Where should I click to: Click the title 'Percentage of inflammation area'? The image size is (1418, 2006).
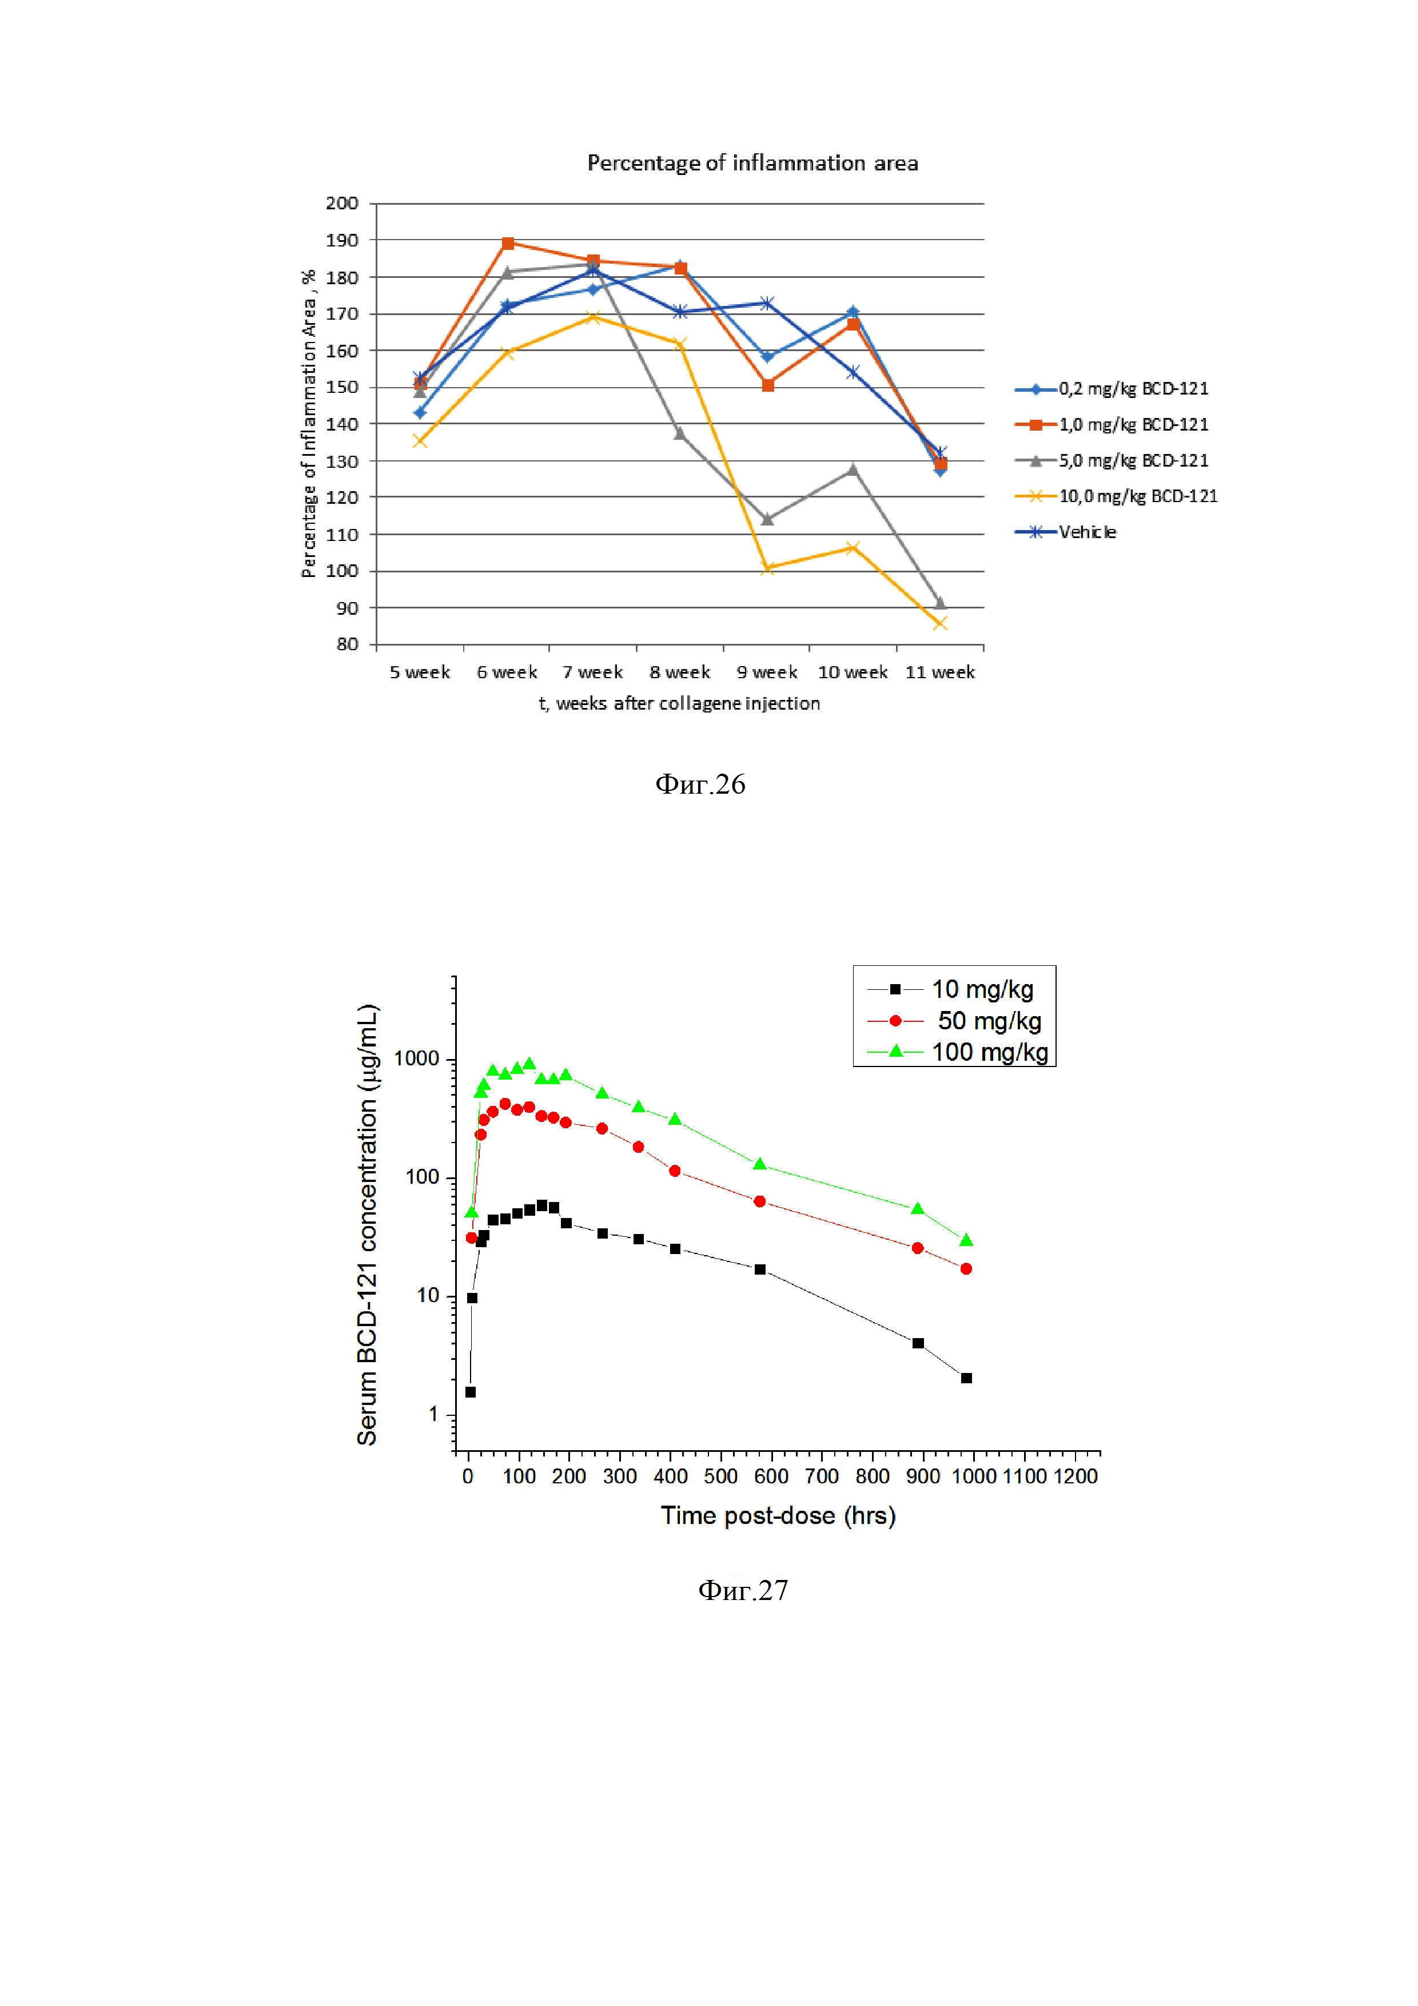(752, 164)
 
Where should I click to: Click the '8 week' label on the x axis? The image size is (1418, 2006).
(680, 672)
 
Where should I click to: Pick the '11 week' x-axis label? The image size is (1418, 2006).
(940, 672)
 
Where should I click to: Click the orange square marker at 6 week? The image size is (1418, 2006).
(508, 243)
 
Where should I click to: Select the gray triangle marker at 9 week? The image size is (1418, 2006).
(767, 520)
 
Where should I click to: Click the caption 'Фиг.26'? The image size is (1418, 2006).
(700, 784)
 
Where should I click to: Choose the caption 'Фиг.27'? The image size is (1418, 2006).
(743, 1589)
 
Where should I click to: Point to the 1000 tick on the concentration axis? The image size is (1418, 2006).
(417, 1059)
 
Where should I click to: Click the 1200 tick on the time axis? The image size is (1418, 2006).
(1074, 1476)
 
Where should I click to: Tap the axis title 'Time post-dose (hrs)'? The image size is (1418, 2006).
(778, 1515)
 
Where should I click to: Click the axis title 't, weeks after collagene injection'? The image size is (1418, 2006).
(679, 703)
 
